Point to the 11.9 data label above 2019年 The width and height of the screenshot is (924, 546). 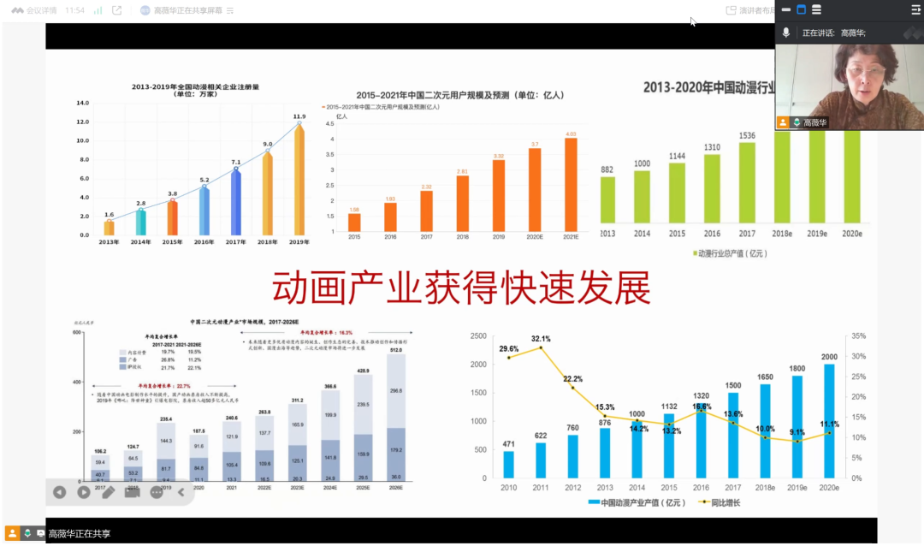click(299, 116)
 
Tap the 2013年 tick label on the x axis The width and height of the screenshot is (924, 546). click(109, 242)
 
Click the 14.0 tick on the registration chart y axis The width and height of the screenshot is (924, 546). click(83, 104)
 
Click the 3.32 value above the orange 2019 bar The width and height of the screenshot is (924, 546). click(498, 155)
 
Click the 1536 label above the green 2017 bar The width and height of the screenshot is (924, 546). click(747, 135)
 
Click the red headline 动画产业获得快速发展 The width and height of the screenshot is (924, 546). click(461, 288)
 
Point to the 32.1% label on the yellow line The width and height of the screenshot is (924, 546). click(541, 339)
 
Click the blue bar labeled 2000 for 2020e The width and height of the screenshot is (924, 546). click(828, 421)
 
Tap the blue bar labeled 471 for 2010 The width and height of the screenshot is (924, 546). click(508, 464)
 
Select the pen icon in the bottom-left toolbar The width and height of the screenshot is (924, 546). click(108, 492)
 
